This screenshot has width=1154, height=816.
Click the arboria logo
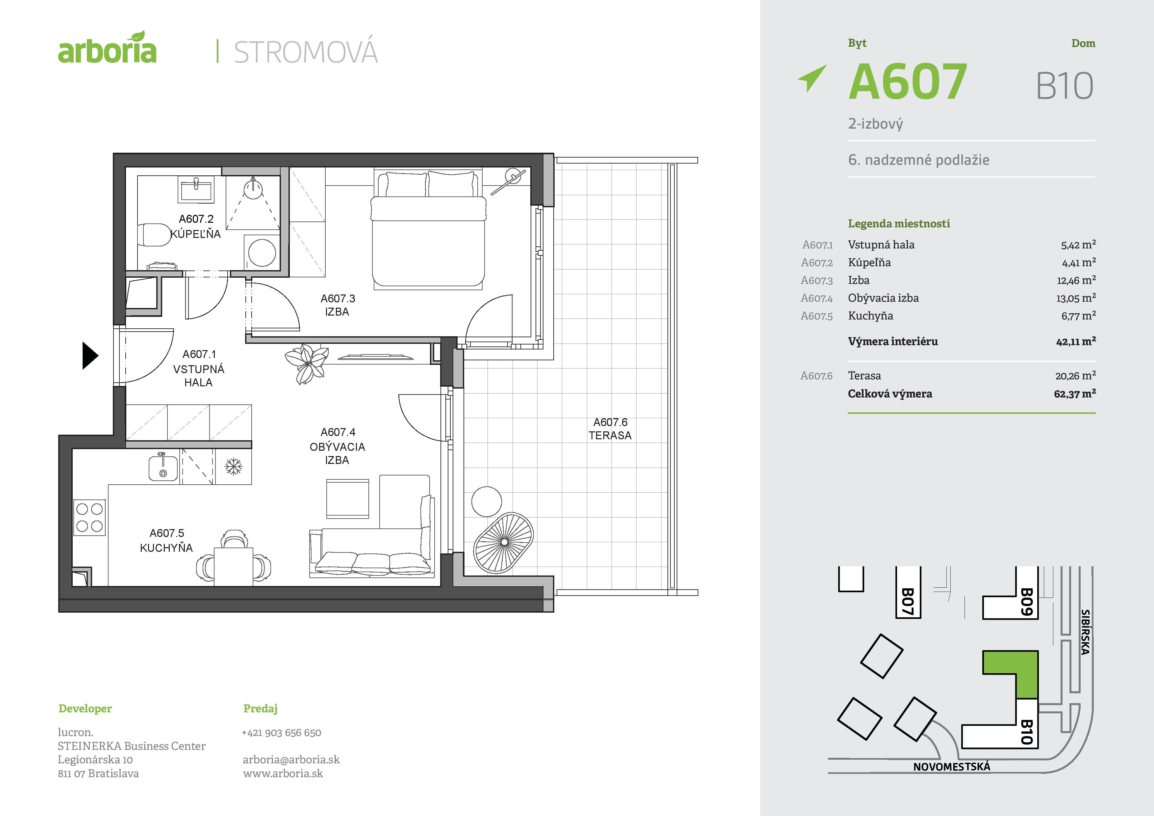(107, 48)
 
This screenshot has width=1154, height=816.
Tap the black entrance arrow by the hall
(89, 355)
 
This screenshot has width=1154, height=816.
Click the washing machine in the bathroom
(262, 252)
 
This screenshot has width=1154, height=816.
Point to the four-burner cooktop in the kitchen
(89, 517)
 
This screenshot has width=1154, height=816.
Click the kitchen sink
(163, 468)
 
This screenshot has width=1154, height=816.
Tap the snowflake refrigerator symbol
(233, 467)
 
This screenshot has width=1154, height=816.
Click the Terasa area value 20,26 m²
(1075, 375)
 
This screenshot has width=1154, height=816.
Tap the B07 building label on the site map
(907, 601)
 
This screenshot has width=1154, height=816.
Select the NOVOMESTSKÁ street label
(951, 767)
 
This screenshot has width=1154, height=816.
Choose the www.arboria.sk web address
(283, 773)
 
